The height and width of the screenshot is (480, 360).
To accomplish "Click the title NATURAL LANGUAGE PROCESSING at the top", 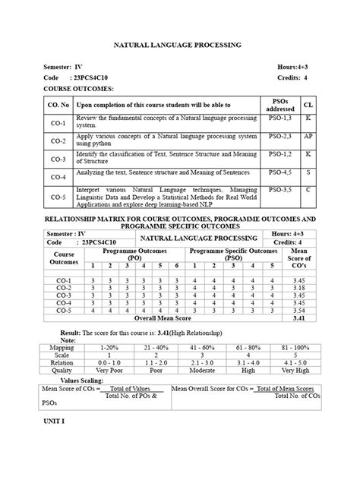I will click(177, 46).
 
